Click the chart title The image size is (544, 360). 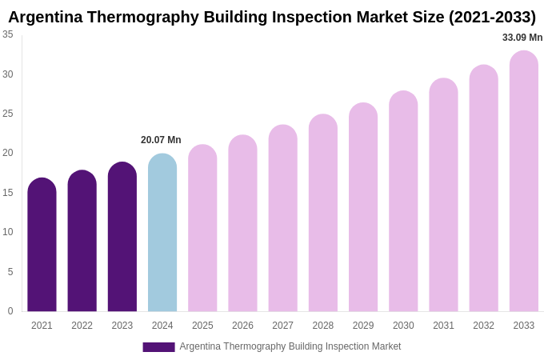272,17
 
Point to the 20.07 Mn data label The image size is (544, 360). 161,140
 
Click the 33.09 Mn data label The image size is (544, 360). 522,38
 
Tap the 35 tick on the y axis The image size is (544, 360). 8,34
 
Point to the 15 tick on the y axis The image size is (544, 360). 8,193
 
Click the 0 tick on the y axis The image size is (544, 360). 10,311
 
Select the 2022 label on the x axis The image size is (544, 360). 82,326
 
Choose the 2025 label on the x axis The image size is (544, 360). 202,326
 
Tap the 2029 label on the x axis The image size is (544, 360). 363,326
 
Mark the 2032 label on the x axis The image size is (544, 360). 483,326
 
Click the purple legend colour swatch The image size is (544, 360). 158,347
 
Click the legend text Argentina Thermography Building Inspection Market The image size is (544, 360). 290,346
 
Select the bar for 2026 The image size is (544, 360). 242,223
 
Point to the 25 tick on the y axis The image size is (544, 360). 8,114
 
